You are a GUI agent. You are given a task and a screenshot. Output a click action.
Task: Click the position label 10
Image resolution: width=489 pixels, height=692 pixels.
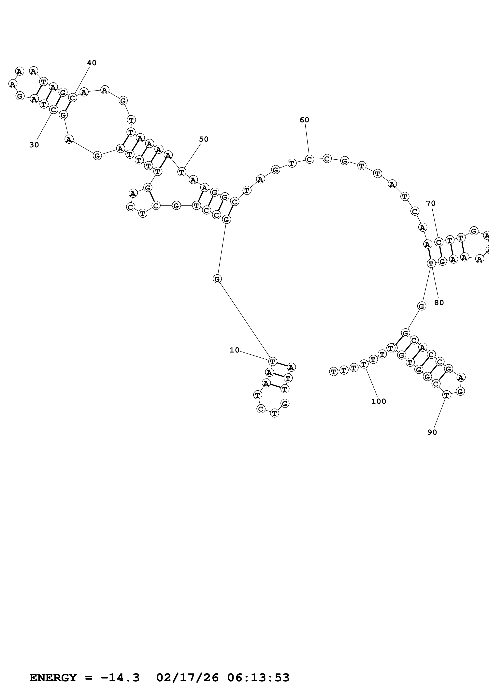(234, 350)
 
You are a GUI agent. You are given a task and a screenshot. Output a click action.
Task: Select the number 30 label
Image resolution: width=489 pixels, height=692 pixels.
(34, 145)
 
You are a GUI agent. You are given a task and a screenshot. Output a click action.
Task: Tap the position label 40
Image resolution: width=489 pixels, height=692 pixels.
(92, 63)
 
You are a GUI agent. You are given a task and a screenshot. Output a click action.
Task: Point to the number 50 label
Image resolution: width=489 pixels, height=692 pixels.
(204, 139)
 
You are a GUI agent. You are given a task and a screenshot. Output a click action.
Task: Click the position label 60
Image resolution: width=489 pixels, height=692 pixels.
(304, 120)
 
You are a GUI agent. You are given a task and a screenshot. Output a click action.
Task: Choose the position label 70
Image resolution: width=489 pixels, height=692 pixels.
(431, 203)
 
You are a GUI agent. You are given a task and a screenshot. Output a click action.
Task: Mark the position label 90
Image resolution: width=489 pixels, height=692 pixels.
(432, 432)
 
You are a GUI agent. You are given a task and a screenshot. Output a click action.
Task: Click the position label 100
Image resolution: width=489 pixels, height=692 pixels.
(378, 401)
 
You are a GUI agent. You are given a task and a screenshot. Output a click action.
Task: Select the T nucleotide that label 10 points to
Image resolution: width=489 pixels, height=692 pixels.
(272, 361)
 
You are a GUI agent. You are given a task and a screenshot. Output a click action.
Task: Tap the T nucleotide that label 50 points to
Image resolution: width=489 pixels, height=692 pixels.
(181, 172)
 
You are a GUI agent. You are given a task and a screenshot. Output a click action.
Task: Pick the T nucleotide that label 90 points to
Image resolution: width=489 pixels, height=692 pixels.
(447, 395)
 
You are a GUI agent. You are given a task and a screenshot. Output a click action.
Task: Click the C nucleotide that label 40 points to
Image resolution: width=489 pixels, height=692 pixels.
(72, 98)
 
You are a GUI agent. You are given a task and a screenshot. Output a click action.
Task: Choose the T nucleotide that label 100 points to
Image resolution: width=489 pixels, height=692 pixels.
(364, 364)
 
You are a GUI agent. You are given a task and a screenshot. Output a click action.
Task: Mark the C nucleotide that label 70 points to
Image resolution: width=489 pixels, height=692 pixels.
(439, 242)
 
